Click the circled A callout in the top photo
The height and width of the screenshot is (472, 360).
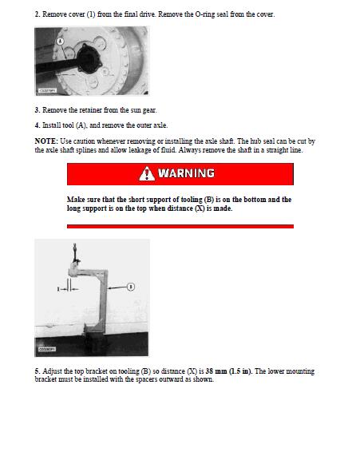[x=61, y=41]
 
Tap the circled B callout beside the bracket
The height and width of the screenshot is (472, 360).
[x=131, y=287]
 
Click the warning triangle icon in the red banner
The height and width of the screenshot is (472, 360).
[x=147, y=173]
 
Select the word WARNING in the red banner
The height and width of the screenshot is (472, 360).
[x=186, y=173]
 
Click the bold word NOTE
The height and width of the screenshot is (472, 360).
[x=46, y=141]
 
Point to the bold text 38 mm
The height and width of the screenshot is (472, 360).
[x=216, y=371]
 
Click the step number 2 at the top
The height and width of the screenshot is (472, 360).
[x=37, y=14]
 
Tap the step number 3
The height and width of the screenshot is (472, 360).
[x=37, y=110]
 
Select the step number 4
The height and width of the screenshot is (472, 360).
[x=37, y=125]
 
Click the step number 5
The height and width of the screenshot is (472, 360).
[x=37, y=371]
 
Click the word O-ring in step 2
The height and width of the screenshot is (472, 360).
[x=205, y=14]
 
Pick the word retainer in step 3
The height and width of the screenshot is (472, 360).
[x=90, y=110]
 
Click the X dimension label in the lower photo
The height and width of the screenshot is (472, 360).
[x=58, y=289]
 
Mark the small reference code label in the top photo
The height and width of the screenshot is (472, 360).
[x=47, y=90]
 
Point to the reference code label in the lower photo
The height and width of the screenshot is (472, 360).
[x=47, y=349]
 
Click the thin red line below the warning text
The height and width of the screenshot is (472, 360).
[x=180, y=226]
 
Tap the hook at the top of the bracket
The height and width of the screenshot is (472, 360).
[x=75, y=254]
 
